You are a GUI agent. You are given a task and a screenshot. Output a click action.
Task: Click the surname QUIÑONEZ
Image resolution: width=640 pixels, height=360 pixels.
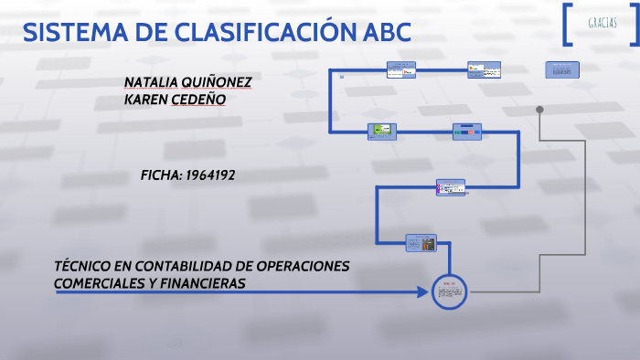[220, 81]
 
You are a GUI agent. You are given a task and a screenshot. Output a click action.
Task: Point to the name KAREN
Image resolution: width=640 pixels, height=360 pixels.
[145, 100]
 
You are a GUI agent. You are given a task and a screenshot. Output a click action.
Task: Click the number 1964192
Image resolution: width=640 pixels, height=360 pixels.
[210, 175]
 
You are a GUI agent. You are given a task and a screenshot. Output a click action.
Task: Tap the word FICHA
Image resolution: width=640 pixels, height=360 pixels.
[161, 175]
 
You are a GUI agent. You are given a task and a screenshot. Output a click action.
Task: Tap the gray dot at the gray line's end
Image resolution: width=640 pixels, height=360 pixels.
[539, 110]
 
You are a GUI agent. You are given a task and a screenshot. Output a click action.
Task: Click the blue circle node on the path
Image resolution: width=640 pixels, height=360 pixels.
[449, 292]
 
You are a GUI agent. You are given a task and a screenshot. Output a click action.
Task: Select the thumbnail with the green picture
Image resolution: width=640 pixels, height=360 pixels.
[381, 132]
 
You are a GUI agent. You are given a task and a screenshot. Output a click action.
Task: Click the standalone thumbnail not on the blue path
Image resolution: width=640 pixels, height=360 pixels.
[562, 69]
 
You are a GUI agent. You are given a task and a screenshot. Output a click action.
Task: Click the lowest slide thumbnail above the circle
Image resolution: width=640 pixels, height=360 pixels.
[421, 242]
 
